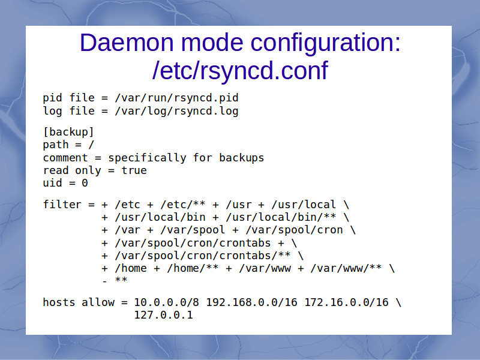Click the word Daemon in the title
point(127,43)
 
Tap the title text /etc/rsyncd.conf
point(240,71)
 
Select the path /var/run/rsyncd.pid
point(176,98)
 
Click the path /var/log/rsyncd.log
point(176,111)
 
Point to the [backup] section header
point(68,132)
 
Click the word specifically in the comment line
point(147,158)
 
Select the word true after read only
point(134,170)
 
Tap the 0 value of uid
point(85,183)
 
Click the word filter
point(62,204)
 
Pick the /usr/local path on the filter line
point(304,205)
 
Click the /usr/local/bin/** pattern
point(281,217)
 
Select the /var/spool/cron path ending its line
point(294,230)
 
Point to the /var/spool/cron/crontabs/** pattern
point(203,256)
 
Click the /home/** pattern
point(193,268)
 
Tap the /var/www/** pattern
point(346,268)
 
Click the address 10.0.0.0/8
point(167,302)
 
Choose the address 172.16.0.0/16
point(346,302)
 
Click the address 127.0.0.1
point(163,315)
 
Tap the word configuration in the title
point(325,43)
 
